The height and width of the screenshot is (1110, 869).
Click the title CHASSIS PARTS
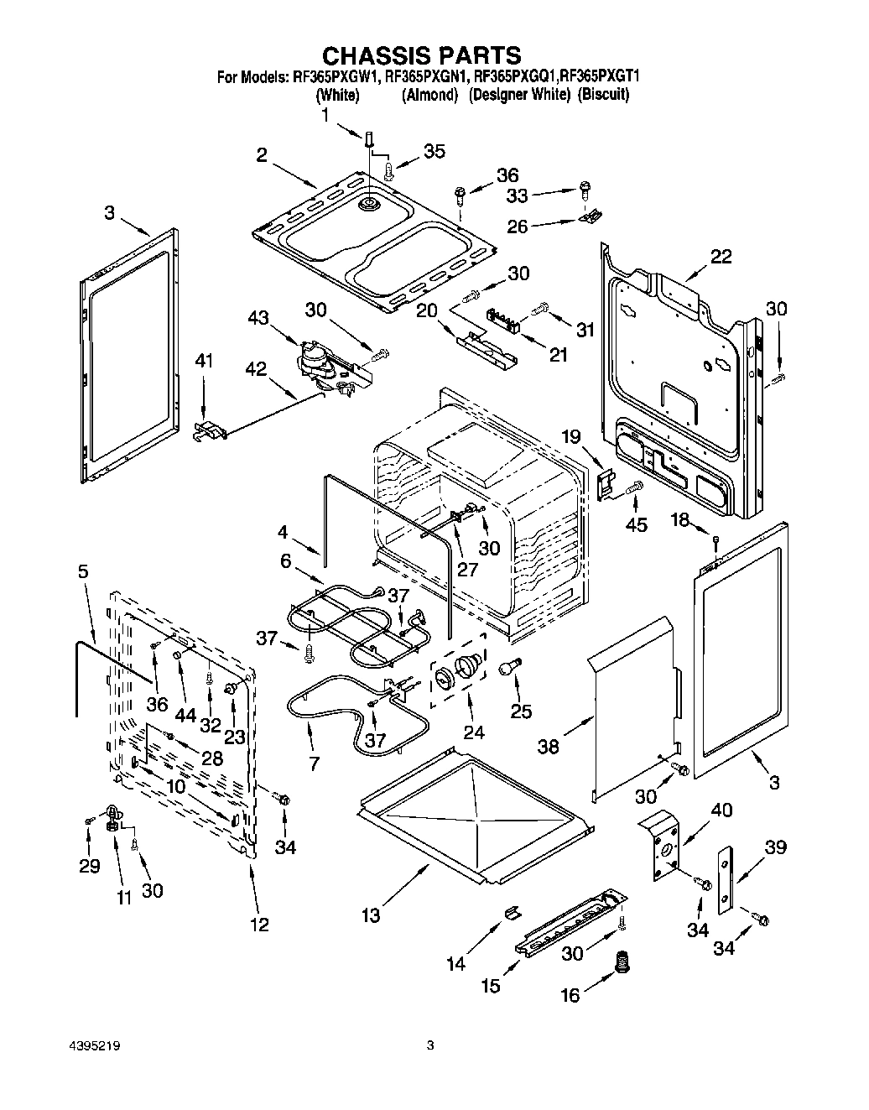(422, 56)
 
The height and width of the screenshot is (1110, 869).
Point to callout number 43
(258, 318)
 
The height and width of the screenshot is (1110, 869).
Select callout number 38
(548, 745)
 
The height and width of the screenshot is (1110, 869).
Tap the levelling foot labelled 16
(622, 961)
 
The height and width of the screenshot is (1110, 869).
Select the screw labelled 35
(389, 170)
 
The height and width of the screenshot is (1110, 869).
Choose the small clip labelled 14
(510, 911)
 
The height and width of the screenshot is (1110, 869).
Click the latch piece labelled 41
(209, 430)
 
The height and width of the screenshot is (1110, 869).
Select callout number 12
(259, 924)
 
